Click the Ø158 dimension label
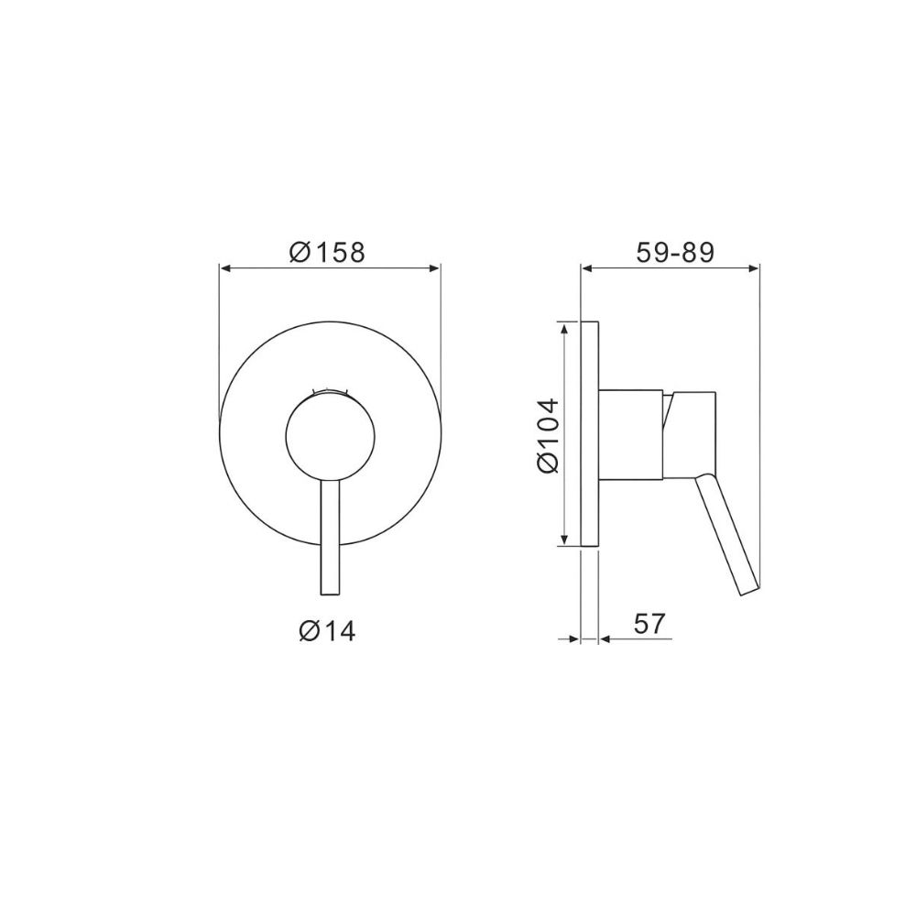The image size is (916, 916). click(327, 251)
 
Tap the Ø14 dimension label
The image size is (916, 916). click(327, 630)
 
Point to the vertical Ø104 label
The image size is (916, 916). click(548, 435)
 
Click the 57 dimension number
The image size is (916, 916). click(648, 624)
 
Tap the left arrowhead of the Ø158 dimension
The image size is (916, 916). click(225, 268)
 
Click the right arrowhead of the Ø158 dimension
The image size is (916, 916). click(435, 268)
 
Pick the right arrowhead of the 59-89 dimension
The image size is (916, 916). click(754, 268)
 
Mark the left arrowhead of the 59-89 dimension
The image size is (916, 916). click(587, 268)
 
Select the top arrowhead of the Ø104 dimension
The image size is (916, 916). click(562, 327)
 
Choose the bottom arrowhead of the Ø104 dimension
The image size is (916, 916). click(562, 541)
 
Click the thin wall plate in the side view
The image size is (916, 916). click(590, 435)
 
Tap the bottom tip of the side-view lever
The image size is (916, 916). click(748, 591)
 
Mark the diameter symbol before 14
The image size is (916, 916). click(309, 630)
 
